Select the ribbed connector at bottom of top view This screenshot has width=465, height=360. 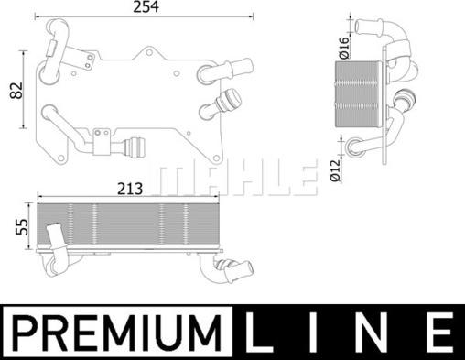[x=137, y=146]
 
